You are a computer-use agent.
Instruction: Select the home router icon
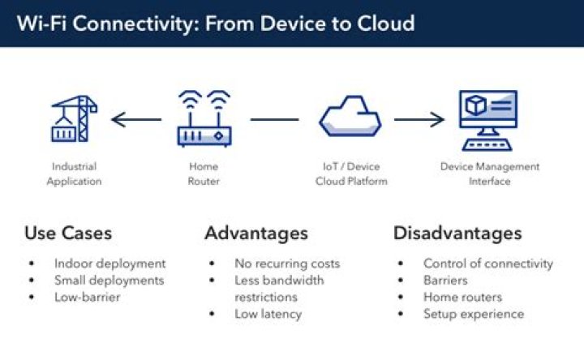[x=204, y=119]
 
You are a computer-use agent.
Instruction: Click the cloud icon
[x=350, y=118]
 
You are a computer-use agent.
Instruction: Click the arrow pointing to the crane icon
[x=136, y=120]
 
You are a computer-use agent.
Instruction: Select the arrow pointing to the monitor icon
[x=419, y=120]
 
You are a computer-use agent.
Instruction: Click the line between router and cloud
[x=274, y=120]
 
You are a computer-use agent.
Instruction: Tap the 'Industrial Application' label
[x=74, y=174]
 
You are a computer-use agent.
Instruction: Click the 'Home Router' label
[x=204, y=174]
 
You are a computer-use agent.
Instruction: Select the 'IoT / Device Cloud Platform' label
[x=350, y=174]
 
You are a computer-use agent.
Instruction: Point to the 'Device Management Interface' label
[x=489, y=174]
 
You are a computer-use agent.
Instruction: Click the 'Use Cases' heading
[x=68, y=234]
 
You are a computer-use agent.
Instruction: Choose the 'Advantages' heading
[x=256, y=234]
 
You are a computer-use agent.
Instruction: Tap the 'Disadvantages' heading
[x=457, y=234]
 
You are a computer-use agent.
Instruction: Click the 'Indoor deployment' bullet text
[x=109, y=264]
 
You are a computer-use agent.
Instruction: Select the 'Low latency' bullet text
[x=269, y=314]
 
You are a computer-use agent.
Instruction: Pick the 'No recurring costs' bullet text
[x=287, y=264]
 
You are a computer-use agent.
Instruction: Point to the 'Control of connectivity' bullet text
[x=487, y=264]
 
